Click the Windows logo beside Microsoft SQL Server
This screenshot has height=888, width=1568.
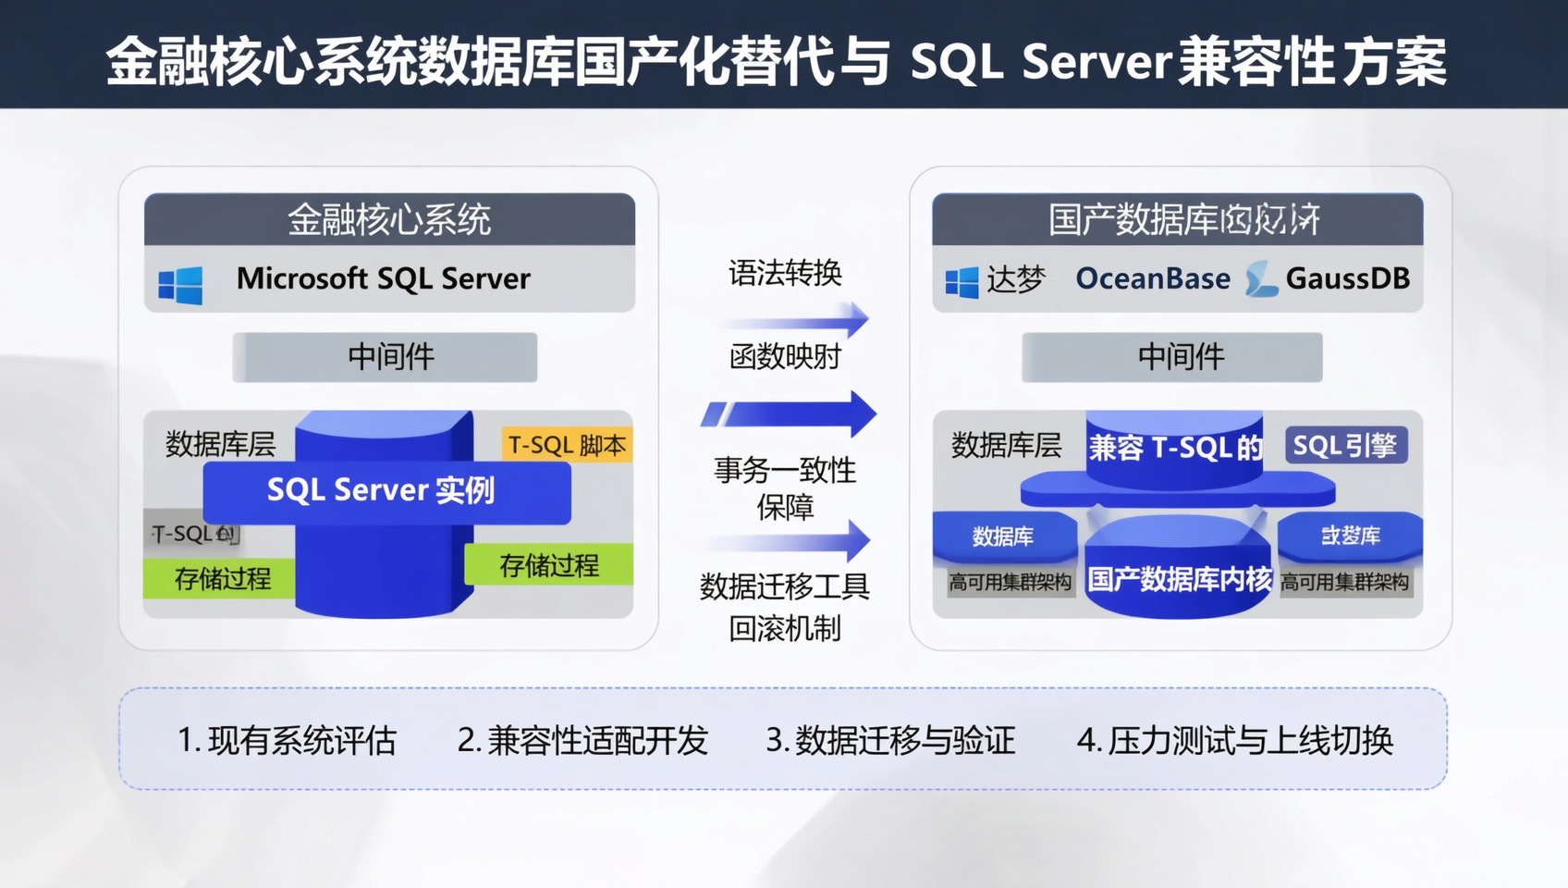tap(180, 285)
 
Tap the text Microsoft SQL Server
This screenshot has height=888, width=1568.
tap(383, 278)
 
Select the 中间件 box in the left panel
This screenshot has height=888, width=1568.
tap(388, 357)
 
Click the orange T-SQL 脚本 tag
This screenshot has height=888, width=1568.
tap(566, 445)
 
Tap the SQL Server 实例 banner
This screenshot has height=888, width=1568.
tap(383, 490)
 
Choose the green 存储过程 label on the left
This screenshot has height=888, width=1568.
tap(221, 579)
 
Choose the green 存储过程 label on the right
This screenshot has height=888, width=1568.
tap(549, 564)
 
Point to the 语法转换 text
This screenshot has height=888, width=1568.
tap(785, 273)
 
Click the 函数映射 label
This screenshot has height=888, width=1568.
tap(785, 356)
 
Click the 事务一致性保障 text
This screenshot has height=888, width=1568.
tap(785, 488)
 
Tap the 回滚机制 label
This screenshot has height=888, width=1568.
tap(785, 629)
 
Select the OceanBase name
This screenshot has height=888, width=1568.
tap(1152, 278)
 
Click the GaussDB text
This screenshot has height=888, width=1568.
tap(1347, 278)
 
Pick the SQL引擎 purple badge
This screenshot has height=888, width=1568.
tap(1345, 446)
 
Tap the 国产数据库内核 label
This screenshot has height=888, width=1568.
tap(1178, 580)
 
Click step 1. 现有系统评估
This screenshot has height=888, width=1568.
tap(287, 740)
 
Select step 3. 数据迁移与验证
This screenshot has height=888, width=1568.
tap(890, 740)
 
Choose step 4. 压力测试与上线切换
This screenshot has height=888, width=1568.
tap(1235, 740)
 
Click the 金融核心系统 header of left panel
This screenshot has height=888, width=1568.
tap(388, 220)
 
